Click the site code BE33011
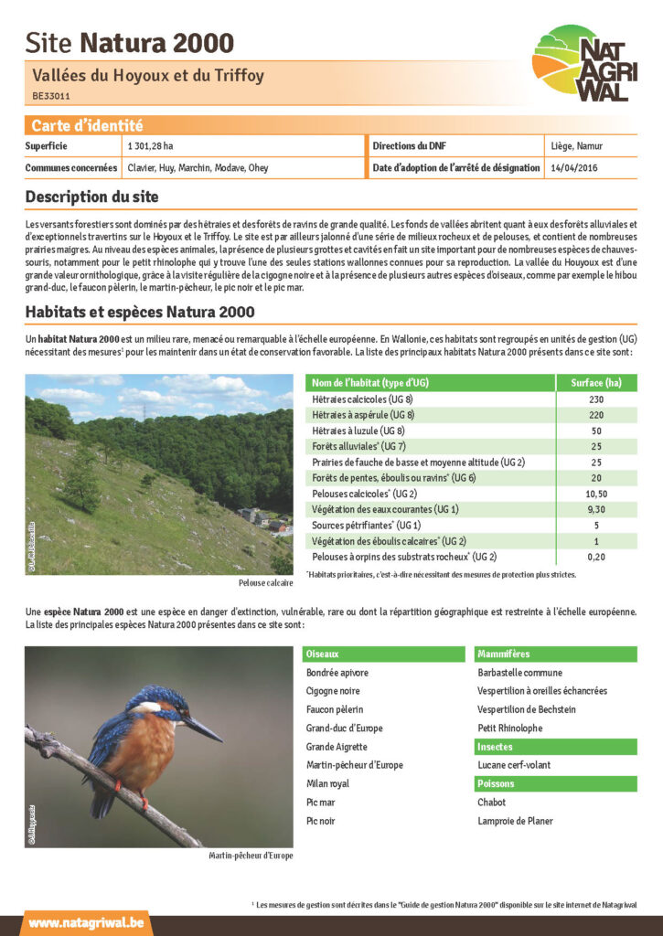click(x=51, y=95)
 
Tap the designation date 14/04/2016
click(x=574, y=168)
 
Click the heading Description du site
click(x=91, y=197)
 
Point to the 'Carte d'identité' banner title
click(x=88, y=126)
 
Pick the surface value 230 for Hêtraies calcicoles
click(x=596, y=399)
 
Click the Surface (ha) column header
click(x=596, y=382)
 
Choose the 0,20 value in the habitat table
click(x=596, y=557)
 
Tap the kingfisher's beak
click(x=203, y=729)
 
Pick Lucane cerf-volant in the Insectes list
click(x=514, y=765)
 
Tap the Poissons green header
click(x=496, y=783)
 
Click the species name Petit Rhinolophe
click(x=509, y=729)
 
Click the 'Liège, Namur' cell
click(x=576, y=146)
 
